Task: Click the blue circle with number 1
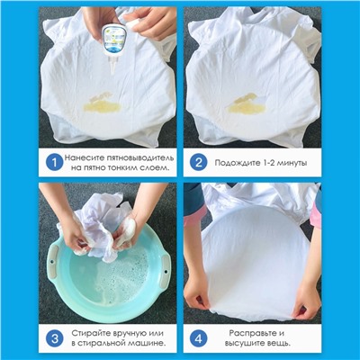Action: (x=54, y=163)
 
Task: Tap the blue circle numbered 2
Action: (x=198, y=163)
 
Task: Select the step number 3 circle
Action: (x=54, y=339)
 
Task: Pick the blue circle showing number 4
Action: (x=198, y=339)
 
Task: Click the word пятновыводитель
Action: (x=139, y=157)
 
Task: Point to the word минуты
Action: (x=292, y=163)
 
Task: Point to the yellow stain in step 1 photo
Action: (x=102, y=103)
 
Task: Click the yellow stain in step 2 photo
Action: (x=246, y=104)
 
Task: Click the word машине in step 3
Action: (x=148, y=343)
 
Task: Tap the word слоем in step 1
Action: (x=154, y=167)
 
